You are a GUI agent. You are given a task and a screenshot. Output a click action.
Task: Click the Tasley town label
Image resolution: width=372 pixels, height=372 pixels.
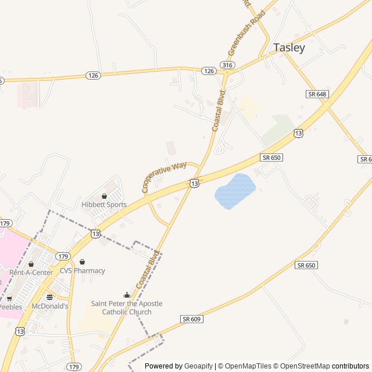pyautogui.click(x=289, y=48)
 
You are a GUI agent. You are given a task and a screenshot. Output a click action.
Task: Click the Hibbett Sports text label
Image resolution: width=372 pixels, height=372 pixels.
pyautogui.click(x=104, y=205)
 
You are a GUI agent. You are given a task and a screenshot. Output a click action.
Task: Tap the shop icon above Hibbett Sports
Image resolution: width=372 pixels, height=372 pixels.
pyautogui.click(x=104, y=196)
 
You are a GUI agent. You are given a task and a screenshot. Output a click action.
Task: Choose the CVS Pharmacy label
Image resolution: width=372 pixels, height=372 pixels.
pyautogui.click(x=82, y=271)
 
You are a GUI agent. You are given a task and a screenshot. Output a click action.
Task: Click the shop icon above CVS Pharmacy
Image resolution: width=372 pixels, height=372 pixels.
pyautogui.click(x=82, y=262)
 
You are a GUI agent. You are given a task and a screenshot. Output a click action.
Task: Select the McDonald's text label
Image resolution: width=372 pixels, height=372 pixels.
pyautogui.click(x=50, y=306)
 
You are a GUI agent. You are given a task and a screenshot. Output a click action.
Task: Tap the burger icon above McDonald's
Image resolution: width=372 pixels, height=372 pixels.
pyautogui.click(x=49, y=297)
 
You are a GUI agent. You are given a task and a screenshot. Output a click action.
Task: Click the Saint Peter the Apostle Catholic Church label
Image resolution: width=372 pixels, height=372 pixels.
pyautogui.click(x=127, y=307)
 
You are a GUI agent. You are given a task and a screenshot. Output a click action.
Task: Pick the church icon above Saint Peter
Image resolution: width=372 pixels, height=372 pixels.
pyautogui.click(x=127, y=295)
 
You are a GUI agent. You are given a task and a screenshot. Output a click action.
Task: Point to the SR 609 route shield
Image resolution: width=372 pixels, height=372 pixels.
pyautogui.click(x=191, y=319)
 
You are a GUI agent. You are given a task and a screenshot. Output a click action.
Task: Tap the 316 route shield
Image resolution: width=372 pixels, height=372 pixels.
pyautogui.click(x=227, y=65)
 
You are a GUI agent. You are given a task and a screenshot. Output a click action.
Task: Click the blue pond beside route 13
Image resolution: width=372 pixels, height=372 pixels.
pyautogui.click(x=235, y=191)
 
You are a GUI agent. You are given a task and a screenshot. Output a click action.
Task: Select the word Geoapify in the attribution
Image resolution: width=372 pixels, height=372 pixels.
pyautogui.click(x=198, y=366)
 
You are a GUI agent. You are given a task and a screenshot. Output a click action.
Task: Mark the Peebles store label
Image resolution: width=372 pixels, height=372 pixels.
pyautogui.click(x=10, y=306)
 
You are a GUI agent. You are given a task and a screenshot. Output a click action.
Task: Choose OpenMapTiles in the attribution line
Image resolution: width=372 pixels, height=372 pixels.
pyautogui.click(x=248, y=366)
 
